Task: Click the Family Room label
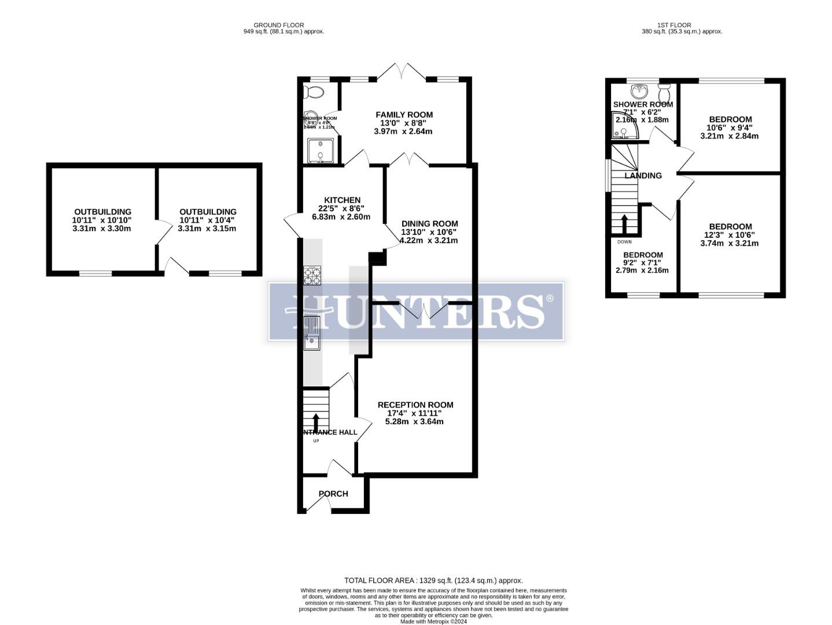pos(404,115)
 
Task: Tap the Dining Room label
pos(429,223)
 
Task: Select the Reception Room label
pos(415,405)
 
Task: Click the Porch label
pos(333,494)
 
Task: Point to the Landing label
pos(643,175)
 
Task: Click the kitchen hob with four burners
pos(312,275)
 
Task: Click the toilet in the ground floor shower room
pos(314,92)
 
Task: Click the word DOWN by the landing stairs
pos(624,242)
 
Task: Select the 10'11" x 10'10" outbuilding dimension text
pos(102,220)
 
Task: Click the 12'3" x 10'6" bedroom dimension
pos(730,235)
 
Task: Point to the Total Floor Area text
pos(433,580)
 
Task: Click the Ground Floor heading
pos(278,25)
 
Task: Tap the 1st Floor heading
pos(674,25)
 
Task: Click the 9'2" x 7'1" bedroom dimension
pos(642,262)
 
